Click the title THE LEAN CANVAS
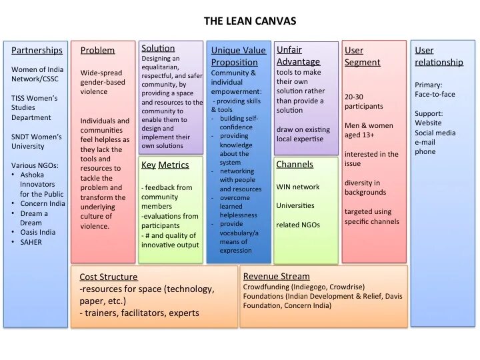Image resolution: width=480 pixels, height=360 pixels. [249, 21]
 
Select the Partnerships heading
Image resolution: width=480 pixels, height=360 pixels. [37, 50]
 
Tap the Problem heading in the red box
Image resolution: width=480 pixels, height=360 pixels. [97, 50]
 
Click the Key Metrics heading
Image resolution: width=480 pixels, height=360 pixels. [165, 165]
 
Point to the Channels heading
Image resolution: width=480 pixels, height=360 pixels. [295, 164]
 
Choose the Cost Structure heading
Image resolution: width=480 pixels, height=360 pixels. [108, 277]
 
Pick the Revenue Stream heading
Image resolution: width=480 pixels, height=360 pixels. [276, 276]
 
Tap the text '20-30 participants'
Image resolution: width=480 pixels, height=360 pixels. [363, 101]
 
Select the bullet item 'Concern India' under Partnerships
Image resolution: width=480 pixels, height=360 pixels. [43, 203]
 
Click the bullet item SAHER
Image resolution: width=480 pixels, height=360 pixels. [31, 242]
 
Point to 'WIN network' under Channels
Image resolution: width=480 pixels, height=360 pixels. [297, 187]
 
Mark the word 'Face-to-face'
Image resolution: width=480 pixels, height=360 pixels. [435, 94]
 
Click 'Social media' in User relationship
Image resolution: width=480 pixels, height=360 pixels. [435, 133]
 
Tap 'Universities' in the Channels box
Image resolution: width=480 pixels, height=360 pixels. [295, 205]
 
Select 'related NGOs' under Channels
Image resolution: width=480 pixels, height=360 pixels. [298, 225]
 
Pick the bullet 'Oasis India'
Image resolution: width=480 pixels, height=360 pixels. [38, 232]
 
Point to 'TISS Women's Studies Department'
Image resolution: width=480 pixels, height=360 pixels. [34, 107]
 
